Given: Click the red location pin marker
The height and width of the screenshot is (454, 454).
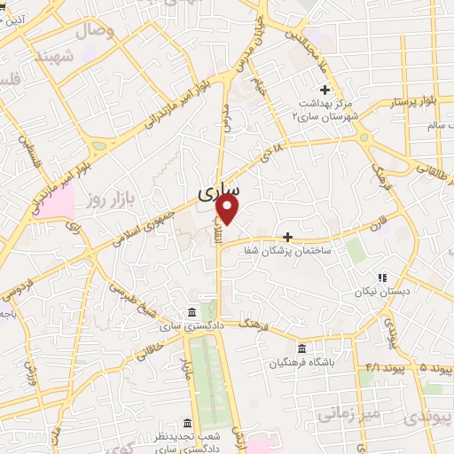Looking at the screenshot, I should pyautogui.click(x=229, y=210).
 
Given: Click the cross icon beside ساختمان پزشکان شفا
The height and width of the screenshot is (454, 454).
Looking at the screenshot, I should pyautogui.click(x=287, y=237).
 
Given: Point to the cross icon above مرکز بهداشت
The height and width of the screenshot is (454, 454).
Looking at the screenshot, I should pyautogui.click(x=325, y=90).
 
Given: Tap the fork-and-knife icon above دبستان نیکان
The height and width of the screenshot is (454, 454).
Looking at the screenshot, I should pyautogui.click(x=383, y=278).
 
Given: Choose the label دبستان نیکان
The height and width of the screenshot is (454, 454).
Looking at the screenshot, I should pyautogui.click(x=371, y=292).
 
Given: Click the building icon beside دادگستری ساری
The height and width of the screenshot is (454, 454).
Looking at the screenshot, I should pyautogui.click(x=192, y=312).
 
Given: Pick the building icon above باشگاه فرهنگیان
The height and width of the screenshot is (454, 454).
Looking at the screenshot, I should pyautogui.click(x=302, y=348).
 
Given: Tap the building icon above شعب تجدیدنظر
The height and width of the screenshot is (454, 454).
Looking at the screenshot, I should pyautogui.click(x=186, y=422).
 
